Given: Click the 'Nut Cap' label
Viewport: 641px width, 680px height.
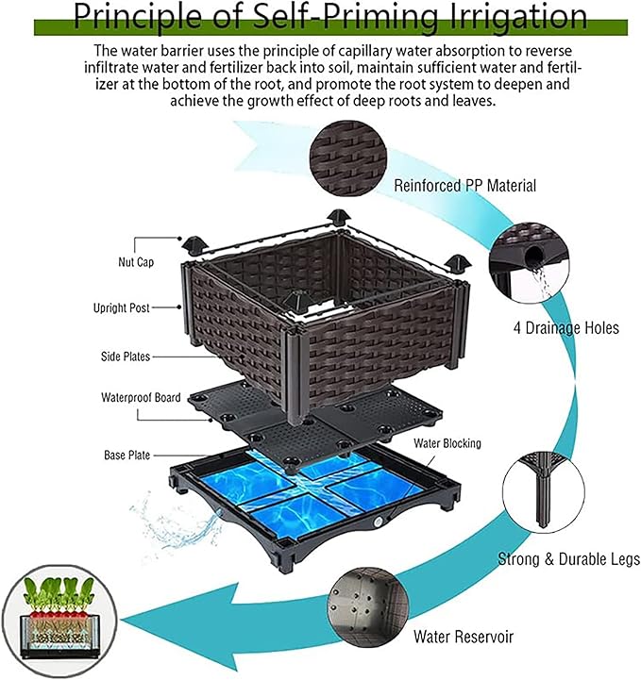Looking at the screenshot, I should point(138,262).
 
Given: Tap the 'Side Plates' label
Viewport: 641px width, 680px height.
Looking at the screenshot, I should point(127,357).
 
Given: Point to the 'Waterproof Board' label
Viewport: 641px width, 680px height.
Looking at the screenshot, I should point(141,397).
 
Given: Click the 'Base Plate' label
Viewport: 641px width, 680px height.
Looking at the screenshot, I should point(127,455).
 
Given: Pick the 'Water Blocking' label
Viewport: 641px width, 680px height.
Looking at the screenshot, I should point(447,442).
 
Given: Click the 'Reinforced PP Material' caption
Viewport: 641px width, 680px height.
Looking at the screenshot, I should point(465,186).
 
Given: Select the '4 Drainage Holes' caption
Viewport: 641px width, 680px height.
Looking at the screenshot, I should point(565,328).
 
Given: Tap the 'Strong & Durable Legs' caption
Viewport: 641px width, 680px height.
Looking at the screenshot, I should point(568,559).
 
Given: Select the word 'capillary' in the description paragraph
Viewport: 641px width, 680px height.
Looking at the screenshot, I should point(401,50).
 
